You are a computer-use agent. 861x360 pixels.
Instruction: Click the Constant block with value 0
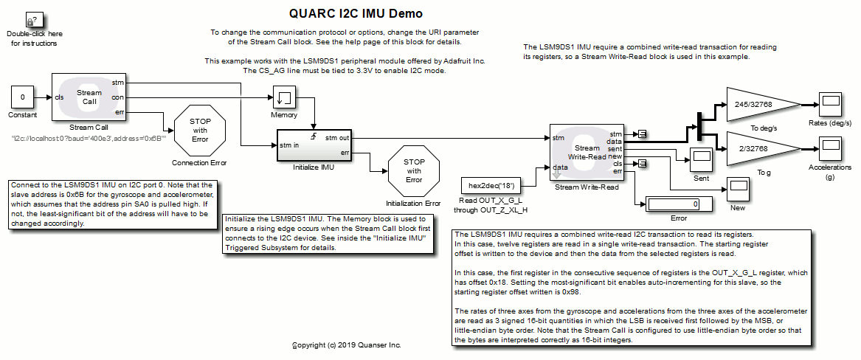pos(22,97)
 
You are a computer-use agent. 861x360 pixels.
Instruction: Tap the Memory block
pos(284,97)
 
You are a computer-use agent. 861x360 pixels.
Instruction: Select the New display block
pos(738,189)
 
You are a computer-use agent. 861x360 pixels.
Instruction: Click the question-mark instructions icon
pos(33,21)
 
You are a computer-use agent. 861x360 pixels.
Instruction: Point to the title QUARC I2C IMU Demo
pos(356,13)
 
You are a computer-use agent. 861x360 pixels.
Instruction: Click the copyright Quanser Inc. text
pos(347,345)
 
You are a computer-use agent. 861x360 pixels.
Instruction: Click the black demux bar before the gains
pos(697,127)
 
